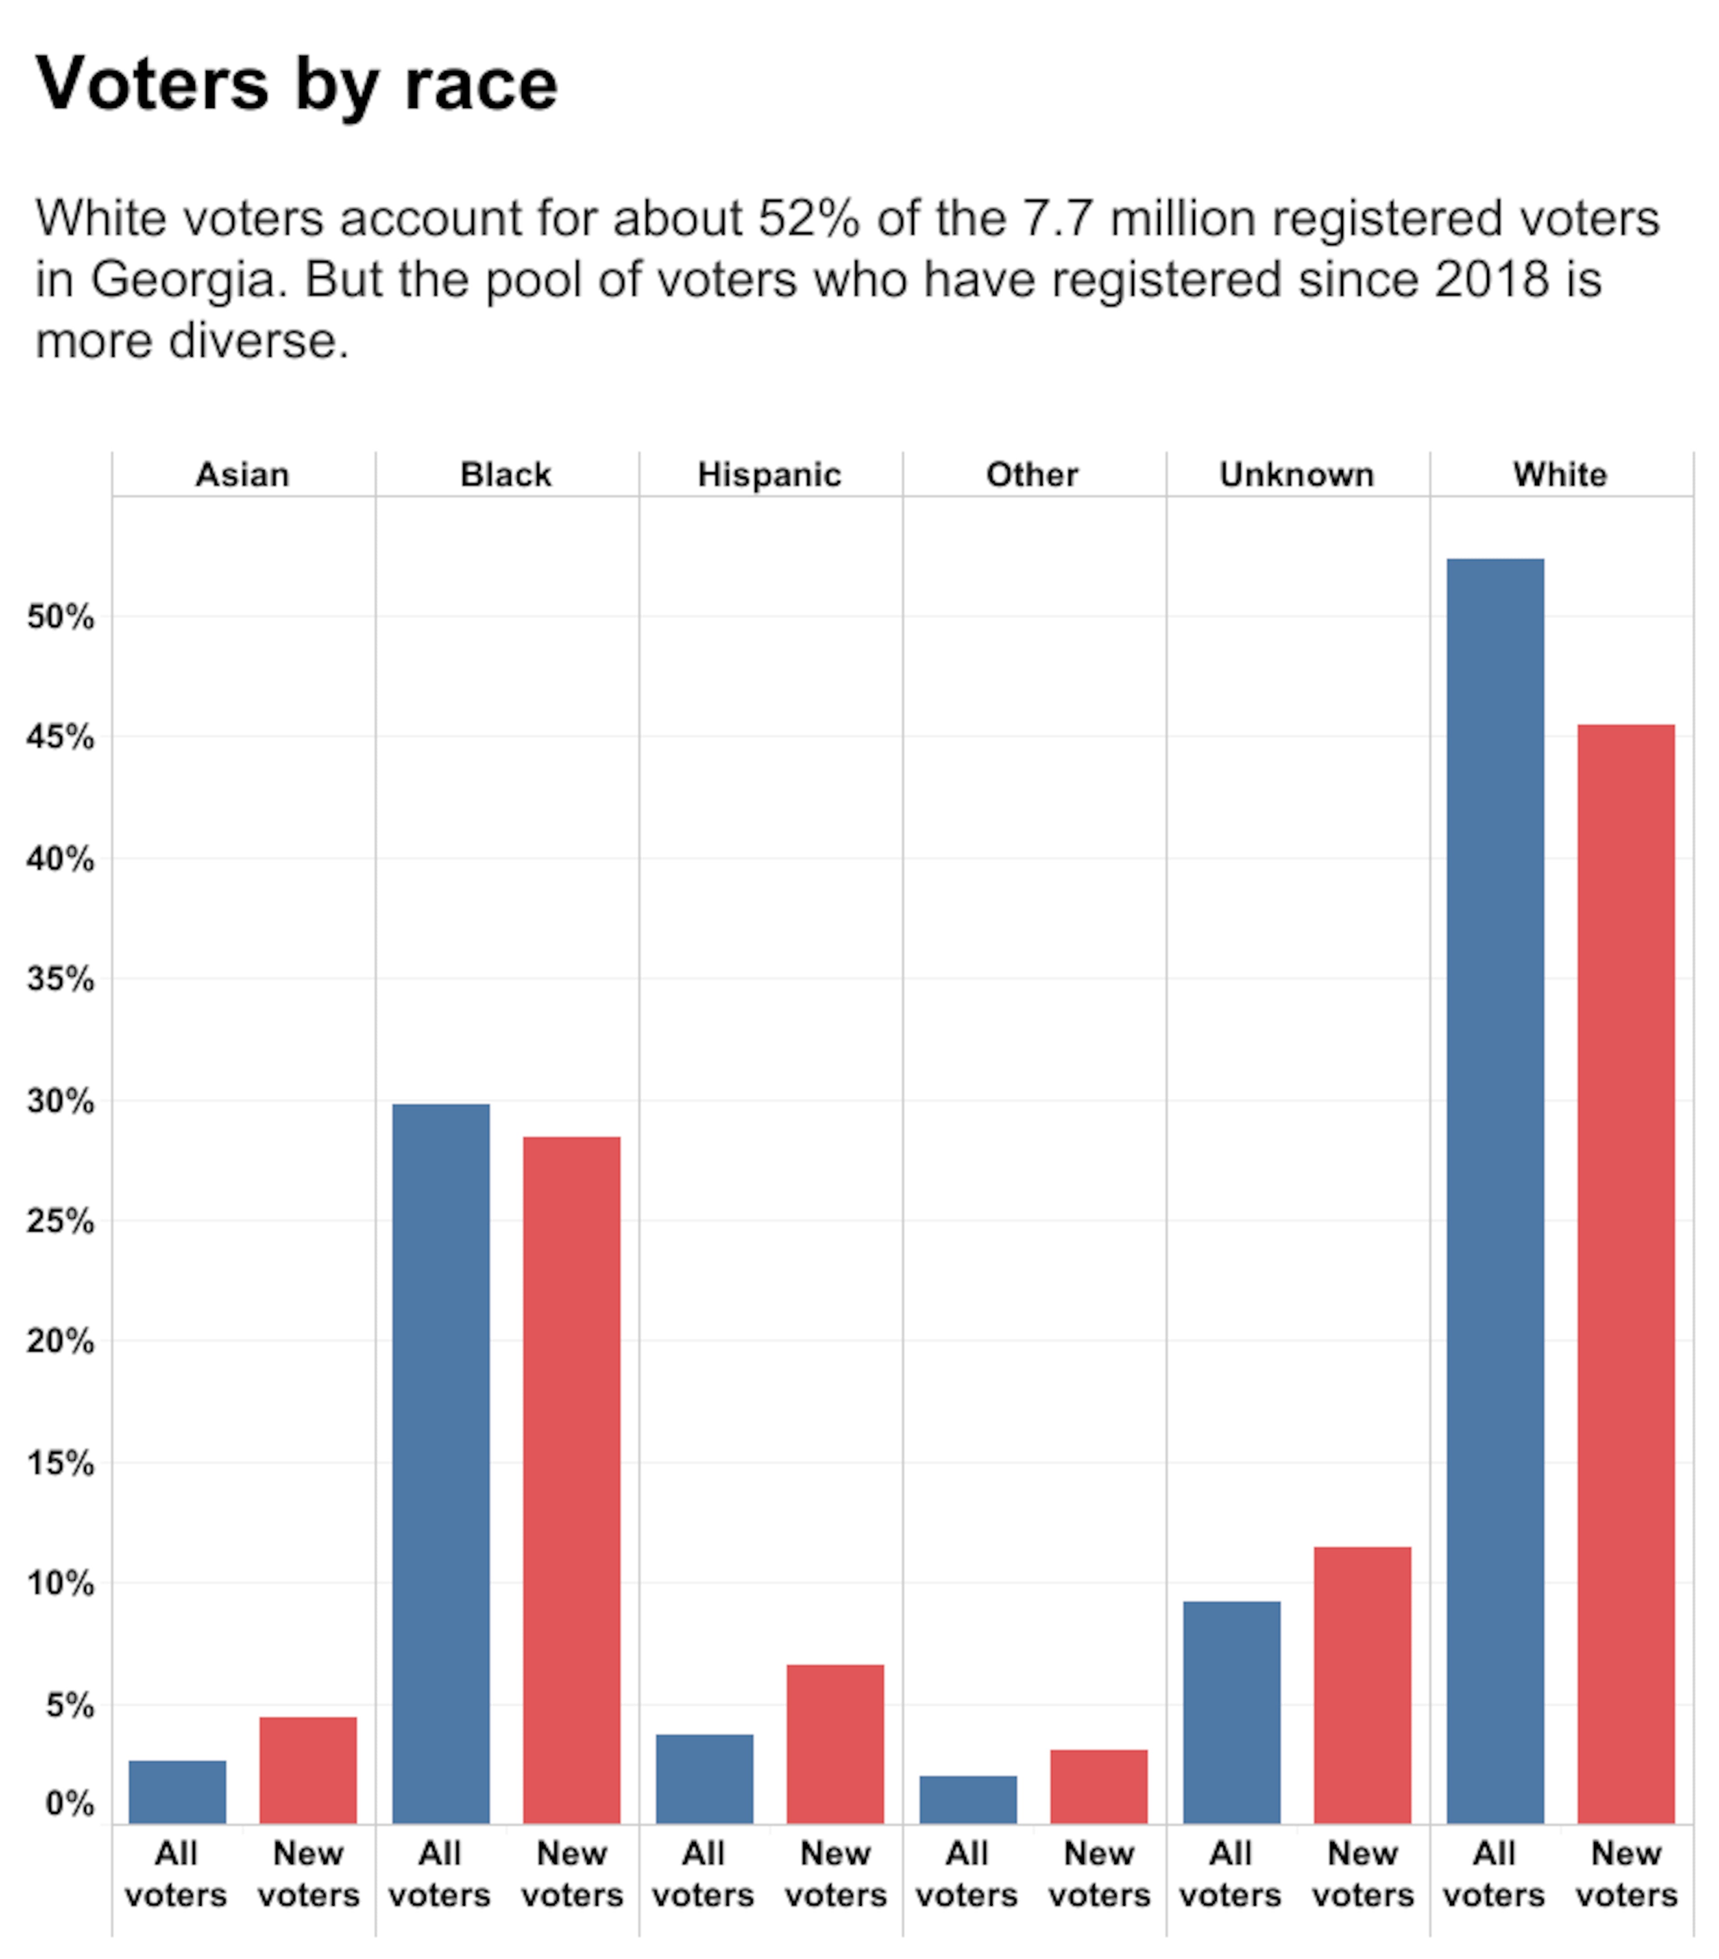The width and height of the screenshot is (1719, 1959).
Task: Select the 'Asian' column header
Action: tap(243, 475)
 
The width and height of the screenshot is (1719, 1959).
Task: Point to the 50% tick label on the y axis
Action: tap(60, 617)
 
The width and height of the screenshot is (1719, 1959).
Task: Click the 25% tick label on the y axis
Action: tap(60, 1221)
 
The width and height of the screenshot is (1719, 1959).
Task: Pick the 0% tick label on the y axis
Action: tap(69, 1804)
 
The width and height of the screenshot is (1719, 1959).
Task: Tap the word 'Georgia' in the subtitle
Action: tap(189, 280)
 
